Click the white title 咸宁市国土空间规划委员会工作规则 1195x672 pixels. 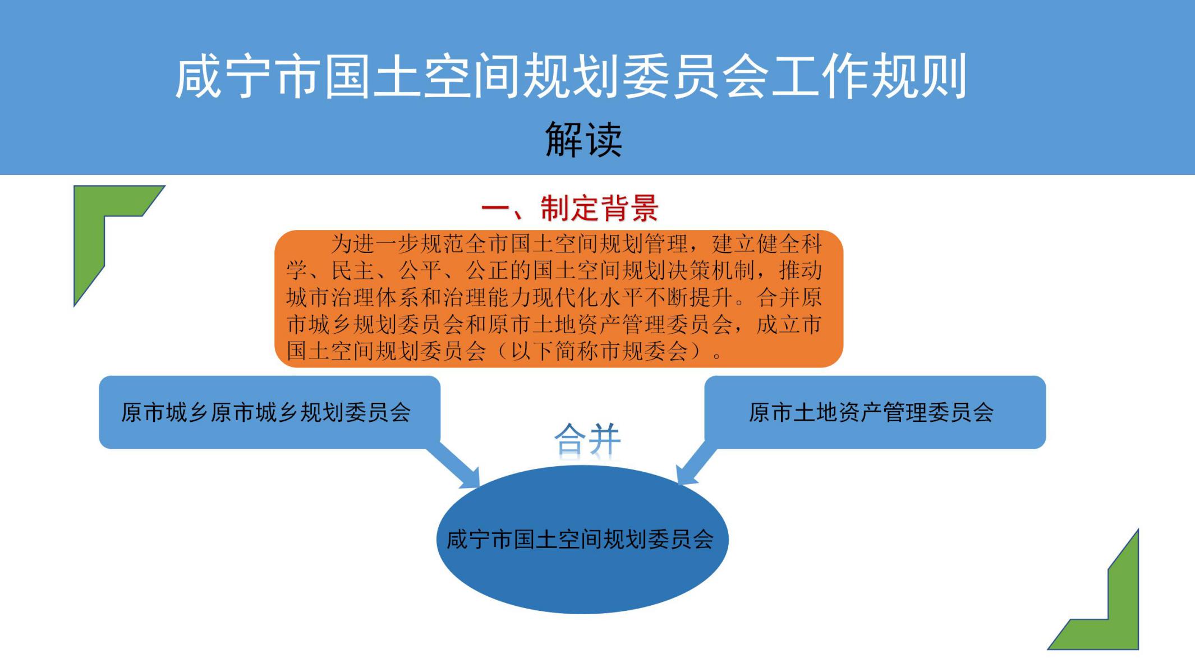571,76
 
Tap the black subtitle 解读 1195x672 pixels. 584,139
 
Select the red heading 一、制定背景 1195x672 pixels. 570,209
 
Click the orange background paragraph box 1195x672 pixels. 559,298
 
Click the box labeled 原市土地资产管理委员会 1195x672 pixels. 875,412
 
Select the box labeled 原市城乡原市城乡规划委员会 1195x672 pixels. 269,412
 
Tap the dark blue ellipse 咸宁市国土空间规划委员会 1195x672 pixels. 582,539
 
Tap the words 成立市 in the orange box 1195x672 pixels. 789,325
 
